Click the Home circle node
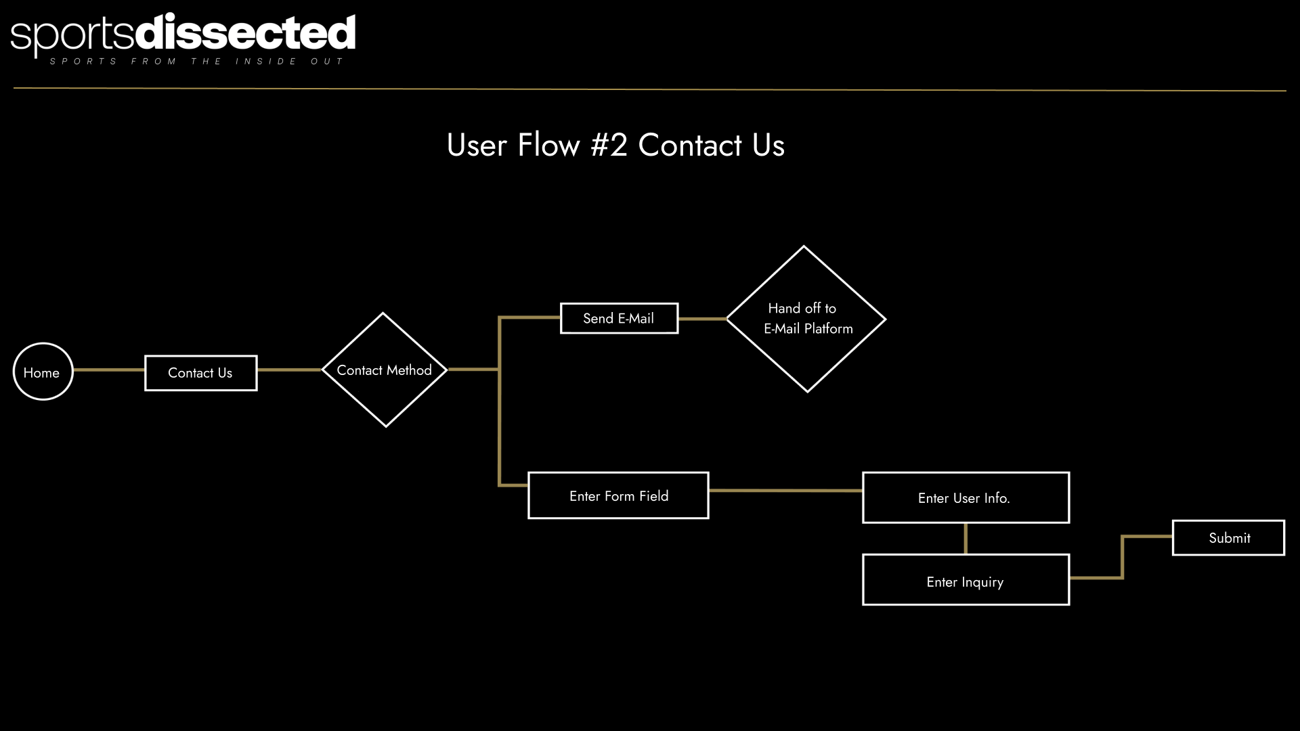(x=43, y=372)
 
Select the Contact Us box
(x=200, y=373)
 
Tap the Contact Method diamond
(x=385, y=370)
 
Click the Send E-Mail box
(x=619, y=318)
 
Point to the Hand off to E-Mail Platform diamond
(x=806, y=319)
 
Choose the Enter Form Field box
(x=618, y=495)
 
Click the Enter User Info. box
(x=966, y=497)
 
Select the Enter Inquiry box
(x=966, y=580)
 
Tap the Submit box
(x=1228, y=538)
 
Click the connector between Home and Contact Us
(x=109, y=370)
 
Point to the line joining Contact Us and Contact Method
(x=290, y=370)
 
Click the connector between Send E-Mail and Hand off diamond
(x=702, y=319)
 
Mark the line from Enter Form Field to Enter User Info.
(x=785, y=490)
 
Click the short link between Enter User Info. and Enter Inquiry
(x=966, y=539)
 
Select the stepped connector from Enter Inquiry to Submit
(x=1123, y=556)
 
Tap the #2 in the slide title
(x=609, y=145)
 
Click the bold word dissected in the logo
(x=246, y=32)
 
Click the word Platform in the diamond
(x=829, y=329)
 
